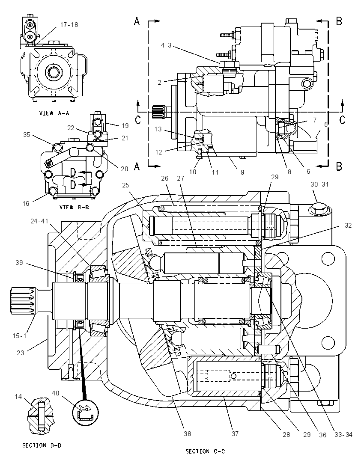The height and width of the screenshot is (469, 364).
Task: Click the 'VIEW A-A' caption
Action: click(54, 113)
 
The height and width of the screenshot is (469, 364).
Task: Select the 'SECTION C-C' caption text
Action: click(205, 451)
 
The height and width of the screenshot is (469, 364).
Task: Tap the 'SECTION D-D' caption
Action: click(42, 445)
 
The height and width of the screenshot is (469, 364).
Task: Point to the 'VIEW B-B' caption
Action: click(74, 207)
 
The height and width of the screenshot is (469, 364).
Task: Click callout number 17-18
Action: click(69, 24)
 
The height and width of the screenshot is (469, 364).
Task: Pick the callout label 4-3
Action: click(167, 45)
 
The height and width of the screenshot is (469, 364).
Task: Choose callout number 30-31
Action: click(320, 184)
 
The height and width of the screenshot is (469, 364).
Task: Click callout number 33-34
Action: click(343, 434)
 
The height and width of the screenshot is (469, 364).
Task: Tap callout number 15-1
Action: click(19, 336)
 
